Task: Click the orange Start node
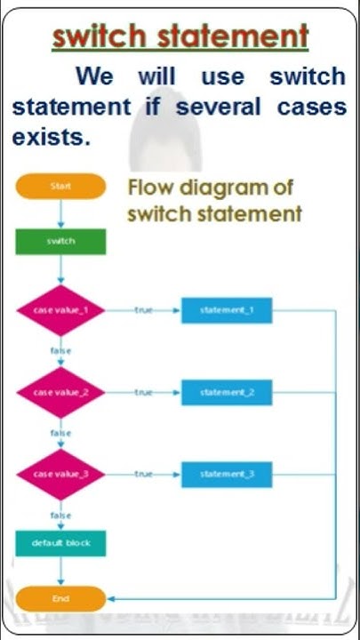point(60,187)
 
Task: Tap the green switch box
point(60,242)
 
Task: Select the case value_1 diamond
point(60,310)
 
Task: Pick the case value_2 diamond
point(60,392)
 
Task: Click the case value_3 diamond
point(60,474)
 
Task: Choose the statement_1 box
point(227,310)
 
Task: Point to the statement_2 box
point(227,392)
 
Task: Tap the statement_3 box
point(227,474)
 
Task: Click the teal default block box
point(60,543)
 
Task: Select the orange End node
point(60,598)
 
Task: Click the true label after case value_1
point(143,310)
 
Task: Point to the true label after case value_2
point(143,392)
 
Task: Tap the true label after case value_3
point(143,474)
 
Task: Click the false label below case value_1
point(60,351)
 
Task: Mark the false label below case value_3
point(60,515)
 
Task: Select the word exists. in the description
point(51,138)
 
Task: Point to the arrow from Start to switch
point(60,214)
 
